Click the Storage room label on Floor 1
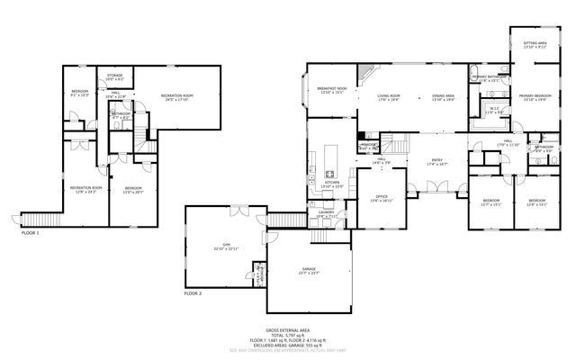(x=115, y=76)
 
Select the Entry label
(x=437, y=163)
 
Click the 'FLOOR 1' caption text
(x=31, y=233)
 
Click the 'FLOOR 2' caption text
(x=193, y=293)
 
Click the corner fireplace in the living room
(x=364, y=72)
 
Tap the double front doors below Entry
(x=437, y=188)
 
